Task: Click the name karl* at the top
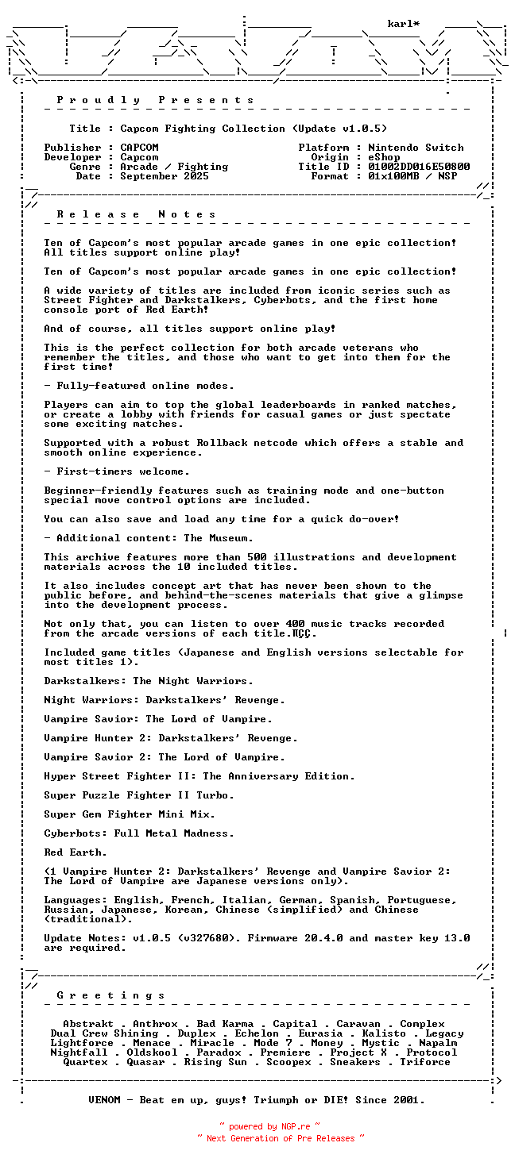(x=404, y=24)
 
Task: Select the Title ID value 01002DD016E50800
(x=419, y=167)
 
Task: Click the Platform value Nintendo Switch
(x=416, y=148)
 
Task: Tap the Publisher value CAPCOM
(x=139, y=148)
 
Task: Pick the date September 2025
(x=165, y=176)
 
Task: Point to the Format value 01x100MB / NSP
(x=412, y=176)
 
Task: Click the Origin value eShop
(x=384, y=157)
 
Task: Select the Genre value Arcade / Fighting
(x=174, y=167)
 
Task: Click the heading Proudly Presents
(x=156, y=100)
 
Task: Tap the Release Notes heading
(x=137, y=214)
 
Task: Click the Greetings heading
(x=111, y=995)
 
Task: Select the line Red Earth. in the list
(x=76, y=852)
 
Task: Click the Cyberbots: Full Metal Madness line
(x=139, y=833)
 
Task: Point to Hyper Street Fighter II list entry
(x=199, y=776)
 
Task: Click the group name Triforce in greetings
(x=425, y=1062)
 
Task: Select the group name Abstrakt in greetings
(x=88, y=1024)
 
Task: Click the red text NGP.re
(x=294, y=1126)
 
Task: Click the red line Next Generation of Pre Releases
(x=281, y=1138)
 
